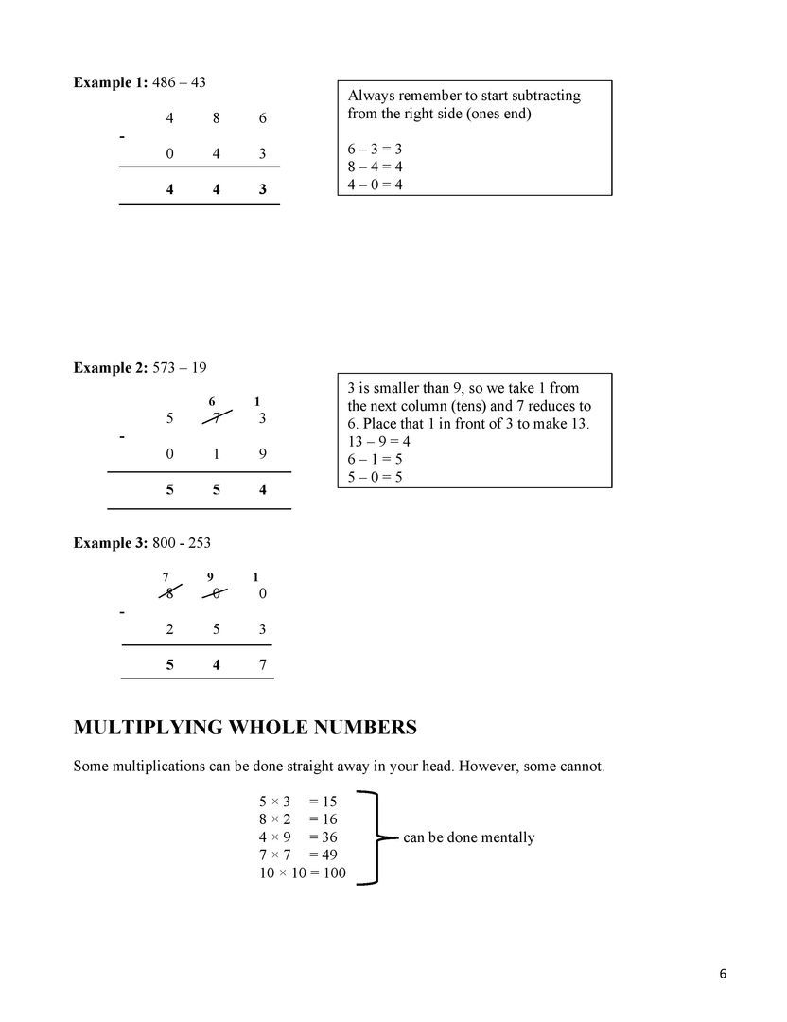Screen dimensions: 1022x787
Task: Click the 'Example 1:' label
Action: (110, 82)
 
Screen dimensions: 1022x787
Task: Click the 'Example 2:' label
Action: (110, 367)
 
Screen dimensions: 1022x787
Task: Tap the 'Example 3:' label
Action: (110, 542)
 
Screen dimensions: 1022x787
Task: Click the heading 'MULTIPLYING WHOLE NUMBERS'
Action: (245, 728)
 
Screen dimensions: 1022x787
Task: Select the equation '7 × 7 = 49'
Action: (298, 855)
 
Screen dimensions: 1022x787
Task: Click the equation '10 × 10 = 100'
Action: (303, 872)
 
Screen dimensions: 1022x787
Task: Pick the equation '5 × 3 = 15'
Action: (298, 802)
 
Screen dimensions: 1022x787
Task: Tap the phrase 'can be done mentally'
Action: (468, 837)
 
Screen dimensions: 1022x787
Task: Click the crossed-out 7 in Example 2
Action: (217, 418)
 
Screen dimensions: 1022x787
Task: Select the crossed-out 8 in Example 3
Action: (169, 593)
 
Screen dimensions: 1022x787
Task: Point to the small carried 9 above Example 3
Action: (215, 576)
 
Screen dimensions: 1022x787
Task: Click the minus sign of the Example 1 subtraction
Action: (122, 137)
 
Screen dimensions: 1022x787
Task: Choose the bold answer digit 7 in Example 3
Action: (262, 665)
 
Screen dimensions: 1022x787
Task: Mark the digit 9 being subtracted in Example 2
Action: (262, 454)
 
